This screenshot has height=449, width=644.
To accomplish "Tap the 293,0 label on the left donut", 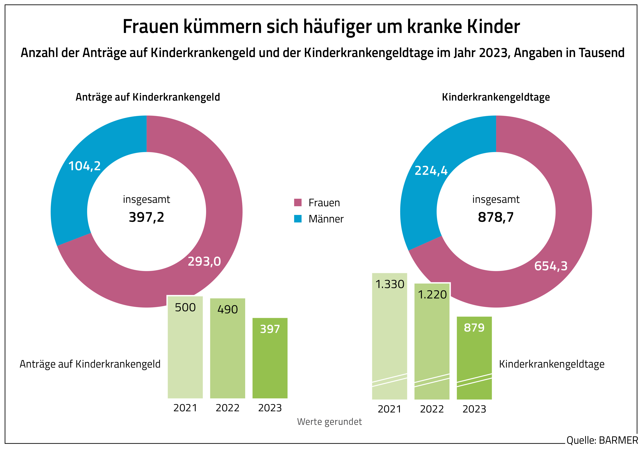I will click(x=204, y=262).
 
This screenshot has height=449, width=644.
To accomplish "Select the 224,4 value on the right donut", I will click(x=431, y=171).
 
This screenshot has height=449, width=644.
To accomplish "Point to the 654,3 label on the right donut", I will click(x=551, y=266).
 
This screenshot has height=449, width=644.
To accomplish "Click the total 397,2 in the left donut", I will click(x=146, y=217).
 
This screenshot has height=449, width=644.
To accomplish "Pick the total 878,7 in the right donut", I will click(x=496, y=217).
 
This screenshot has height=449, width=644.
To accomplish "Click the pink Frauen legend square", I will click(x=298, y=202).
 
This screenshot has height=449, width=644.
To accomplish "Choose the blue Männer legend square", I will click(x=298, y=219).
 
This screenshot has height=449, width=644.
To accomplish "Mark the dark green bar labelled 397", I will click(x=270, y=359).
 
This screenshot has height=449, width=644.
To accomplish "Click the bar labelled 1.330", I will click(x=389, y=337).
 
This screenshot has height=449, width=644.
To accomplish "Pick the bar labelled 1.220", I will click(x=432, y=342).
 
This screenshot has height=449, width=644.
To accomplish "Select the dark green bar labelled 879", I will click(x=474, y=359).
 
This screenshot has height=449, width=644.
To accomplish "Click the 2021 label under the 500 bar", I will click(x=185, y=408).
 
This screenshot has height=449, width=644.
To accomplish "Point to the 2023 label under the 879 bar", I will click(x=474, y=409).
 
